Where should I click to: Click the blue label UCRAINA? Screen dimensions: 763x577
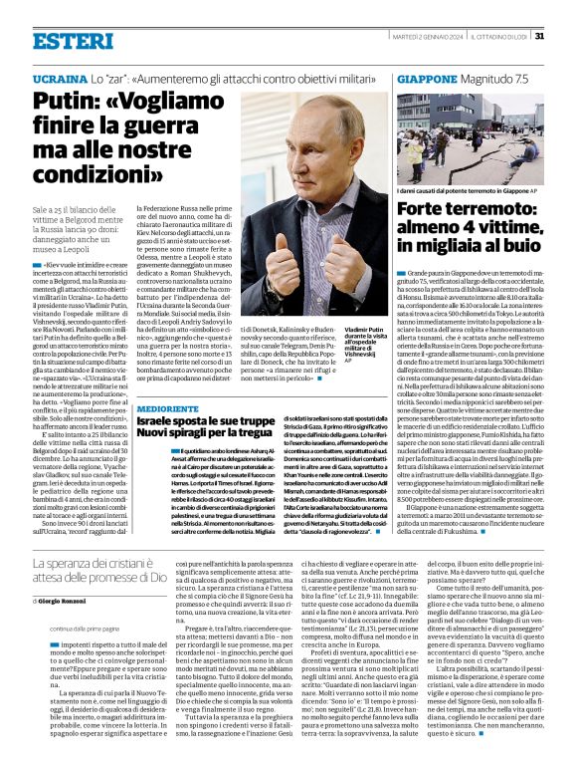pyautogui.click(x=60, y=78)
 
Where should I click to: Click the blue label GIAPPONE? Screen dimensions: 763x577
pyautogui.click(x=428, y=78)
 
